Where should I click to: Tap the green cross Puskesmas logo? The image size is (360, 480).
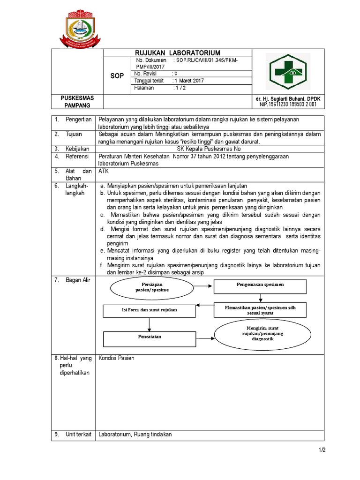point(288,71)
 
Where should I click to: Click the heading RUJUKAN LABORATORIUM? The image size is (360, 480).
point(177,53)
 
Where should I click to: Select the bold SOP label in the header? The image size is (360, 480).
point(117,76)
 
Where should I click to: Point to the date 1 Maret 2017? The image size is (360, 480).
point(189,81)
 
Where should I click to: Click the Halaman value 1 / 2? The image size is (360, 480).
point(180,88)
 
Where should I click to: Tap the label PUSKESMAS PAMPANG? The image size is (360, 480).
point(77,102)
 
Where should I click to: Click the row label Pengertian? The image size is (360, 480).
point(78,120)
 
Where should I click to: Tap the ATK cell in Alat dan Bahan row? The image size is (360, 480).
point(103,172)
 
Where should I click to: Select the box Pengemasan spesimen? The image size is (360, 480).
point(260,285)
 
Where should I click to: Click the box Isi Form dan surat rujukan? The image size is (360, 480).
point(148,310)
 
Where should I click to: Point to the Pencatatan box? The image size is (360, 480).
point(148,337)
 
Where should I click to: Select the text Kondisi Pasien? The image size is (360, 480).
point(116,358)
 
